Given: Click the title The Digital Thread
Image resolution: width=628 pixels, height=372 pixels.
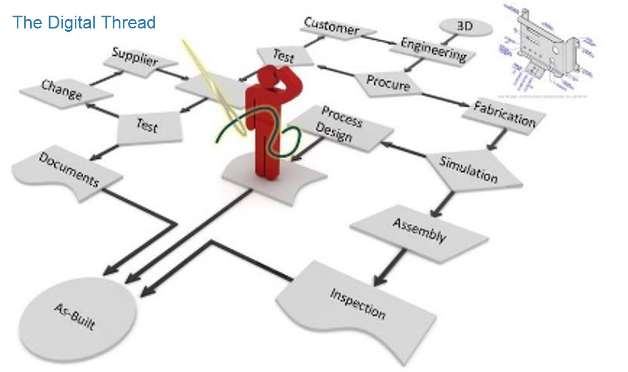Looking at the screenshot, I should (x=84, y=23).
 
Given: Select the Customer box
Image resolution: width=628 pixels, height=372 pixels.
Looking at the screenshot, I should (x=332, y=27).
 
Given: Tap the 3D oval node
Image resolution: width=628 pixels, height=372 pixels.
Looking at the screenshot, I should (x=466, y=26).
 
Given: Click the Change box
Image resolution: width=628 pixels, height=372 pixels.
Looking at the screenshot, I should (x=61, y=90).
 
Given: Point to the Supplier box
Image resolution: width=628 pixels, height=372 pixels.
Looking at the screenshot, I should (x=134, y=58).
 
